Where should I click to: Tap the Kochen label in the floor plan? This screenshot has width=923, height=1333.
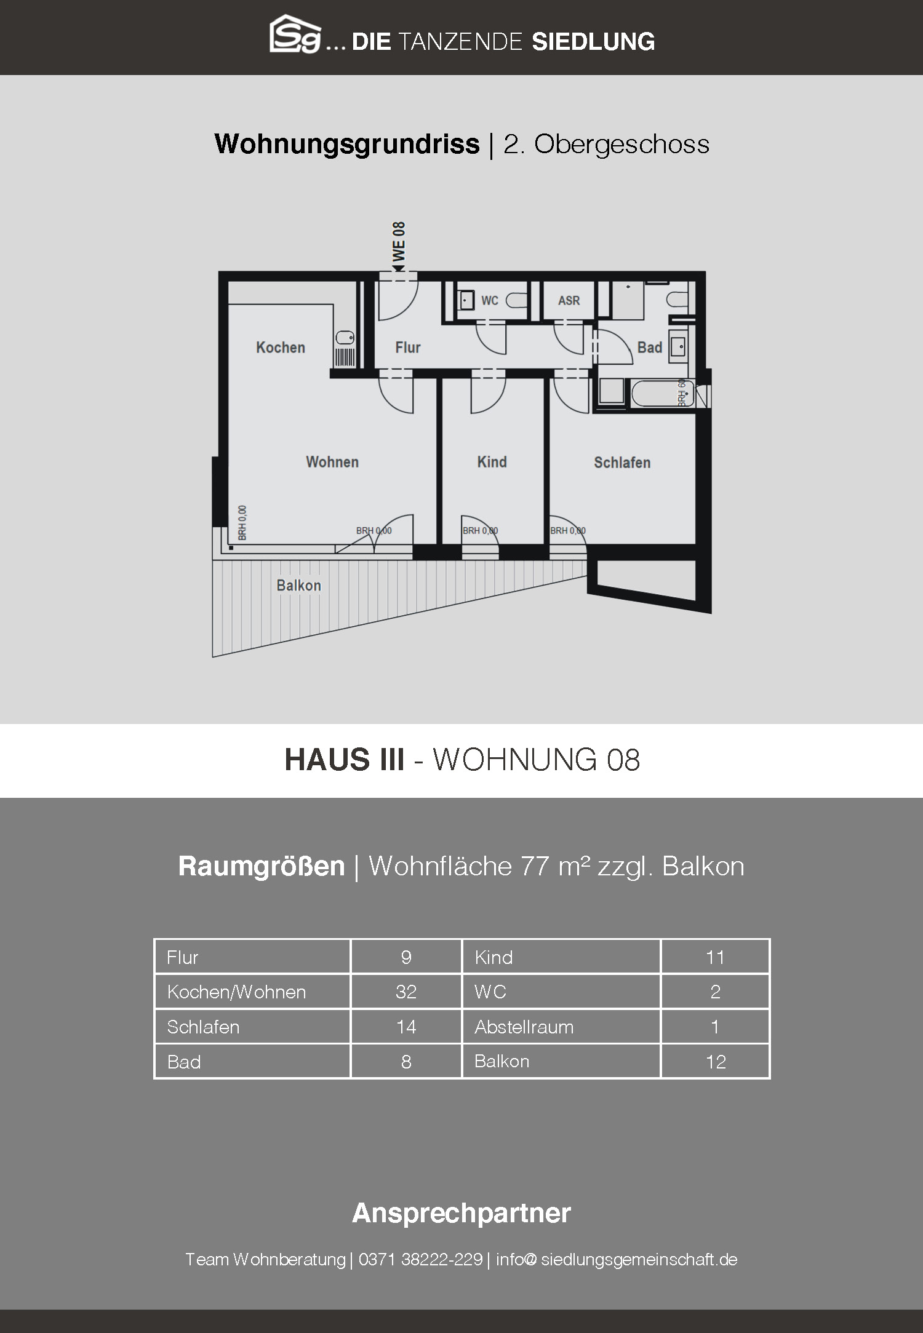click(x=281, y=348)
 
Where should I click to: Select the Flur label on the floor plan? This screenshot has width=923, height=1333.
click(x=407, y=348)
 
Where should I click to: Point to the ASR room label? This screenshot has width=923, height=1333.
click(x=569, y=301)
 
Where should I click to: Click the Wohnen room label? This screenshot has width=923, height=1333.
click(x=332, y=462)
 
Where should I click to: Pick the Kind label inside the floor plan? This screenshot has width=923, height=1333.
click(x=492, y=462)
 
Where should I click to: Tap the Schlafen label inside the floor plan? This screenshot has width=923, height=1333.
click(x=622, y=463)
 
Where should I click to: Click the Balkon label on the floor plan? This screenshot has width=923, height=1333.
click(x=298, y=586)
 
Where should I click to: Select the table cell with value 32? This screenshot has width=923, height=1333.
click(x=406, y=992)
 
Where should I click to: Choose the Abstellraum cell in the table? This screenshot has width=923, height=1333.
click(x=561, y=1027)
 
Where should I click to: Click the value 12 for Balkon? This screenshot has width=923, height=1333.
click(x=716, y=1062)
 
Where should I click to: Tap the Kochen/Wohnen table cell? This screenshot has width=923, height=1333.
click(x=252, y=992)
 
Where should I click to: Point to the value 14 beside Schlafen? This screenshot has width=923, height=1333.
click(x=406, y=1027)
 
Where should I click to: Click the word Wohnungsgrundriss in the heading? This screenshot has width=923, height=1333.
click(x=347, y=145)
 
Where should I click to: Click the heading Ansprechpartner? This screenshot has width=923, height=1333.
click(x=461, y=1212)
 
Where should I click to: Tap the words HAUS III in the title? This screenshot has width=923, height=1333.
click(x=345, y=760)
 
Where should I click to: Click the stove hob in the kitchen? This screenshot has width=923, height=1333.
click(x=345, y=357)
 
